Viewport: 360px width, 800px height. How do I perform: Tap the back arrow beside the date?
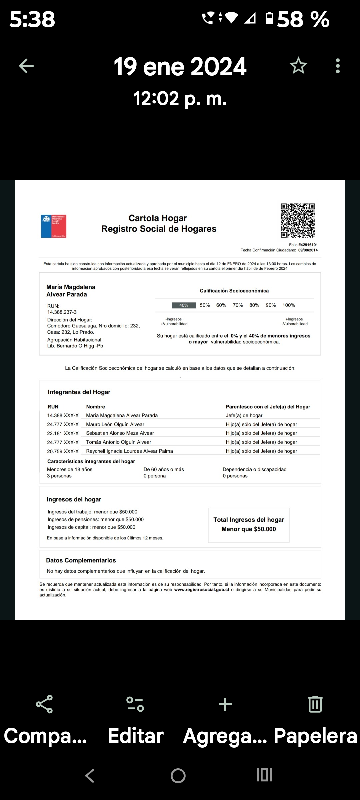[26, 66]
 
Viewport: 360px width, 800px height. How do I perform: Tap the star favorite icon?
[298, 66]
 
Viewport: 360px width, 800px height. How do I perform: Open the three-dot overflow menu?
[338, 66]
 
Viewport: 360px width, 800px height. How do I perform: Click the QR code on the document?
[298, 220]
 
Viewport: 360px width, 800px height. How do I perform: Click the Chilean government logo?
[54, 226]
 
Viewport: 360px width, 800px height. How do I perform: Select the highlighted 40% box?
[184, 305]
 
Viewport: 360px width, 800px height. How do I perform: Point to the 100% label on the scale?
[289, 305]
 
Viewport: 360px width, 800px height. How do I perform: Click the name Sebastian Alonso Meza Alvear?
[120, 433]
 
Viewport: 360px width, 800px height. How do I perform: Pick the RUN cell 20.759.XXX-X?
[63, 451]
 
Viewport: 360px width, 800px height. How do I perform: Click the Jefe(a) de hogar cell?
[244, 415]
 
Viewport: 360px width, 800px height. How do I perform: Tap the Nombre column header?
[95, 407]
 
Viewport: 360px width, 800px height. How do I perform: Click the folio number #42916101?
[308, 245]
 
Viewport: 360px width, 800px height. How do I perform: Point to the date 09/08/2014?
[308, 250]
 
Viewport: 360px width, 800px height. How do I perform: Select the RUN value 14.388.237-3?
[62, 312]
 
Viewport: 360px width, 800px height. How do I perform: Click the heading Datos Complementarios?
[81, 560]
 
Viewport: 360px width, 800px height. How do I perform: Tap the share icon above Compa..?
[44, 704]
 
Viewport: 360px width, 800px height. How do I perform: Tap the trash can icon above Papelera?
[315, 704]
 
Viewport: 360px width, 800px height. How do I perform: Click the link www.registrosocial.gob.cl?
[201, 590]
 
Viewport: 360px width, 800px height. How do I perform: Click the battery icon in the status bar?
[270, 18]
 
